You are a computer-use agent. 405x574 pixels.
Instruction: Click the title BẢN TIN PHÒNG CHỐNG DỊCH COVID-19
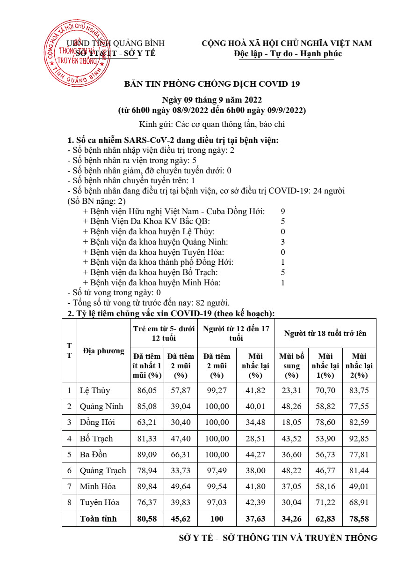pyautogui.click(x=211, y=84)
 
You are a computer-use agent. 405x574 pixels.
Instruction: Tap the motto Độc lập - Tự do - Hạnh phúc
pyautogui.click(x=288, y=53)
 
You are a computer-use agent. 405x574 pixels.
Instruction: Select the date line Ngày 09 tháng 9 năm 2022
pyautogui.click(x=211, y=100)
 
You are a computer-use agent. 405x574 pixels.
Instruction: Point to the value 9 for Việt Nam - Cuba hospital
pyautogui.click(x=282, y=211)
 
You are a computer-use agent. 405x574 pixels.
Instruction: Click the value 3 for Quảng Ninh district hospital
pyautogui.click(x=282, y=242)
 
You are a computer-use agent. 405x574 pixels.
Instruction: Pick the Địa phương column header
pyautogui.click(x=103, y=350)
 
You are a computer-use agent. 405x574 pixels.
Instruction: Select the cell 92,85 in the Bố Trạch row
pyautogui.click(x=359, y=439)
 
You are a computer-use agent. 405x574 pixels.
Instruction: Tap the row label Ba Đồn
pyautogui.click(x=94, y=455)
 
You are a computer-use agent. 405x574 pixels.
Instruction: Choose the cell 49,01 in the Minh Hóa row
pyautogui.click(x=359, y=486)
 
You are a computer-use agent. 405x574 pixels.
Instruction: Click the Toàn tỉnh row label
pyautogui.click(x=98, y=519)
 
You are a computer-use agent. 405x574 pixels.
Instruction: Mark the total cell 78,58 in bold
pyautogui.click(x=359, y=519)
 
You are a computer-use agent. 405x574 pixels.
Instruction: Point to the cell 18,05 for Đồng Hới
pyautogui.click(x=291, y=422)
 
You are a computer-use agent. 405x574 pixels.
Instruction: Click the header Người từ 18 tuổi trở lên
pyautogui.click(x=325, y=334)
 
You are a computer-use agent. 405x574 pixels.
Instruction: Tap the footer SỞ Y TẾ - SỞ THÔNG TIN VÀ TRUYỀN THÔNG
pyautogui.click(x=278, y=538)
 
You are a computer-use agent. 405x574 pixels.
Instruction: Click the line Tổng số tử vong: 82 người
pyautogui.click(x=149, y=303)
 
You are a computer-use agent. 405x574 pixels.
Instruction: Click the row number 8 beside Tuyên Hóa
pyautogui.click(x=69, y=502)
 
